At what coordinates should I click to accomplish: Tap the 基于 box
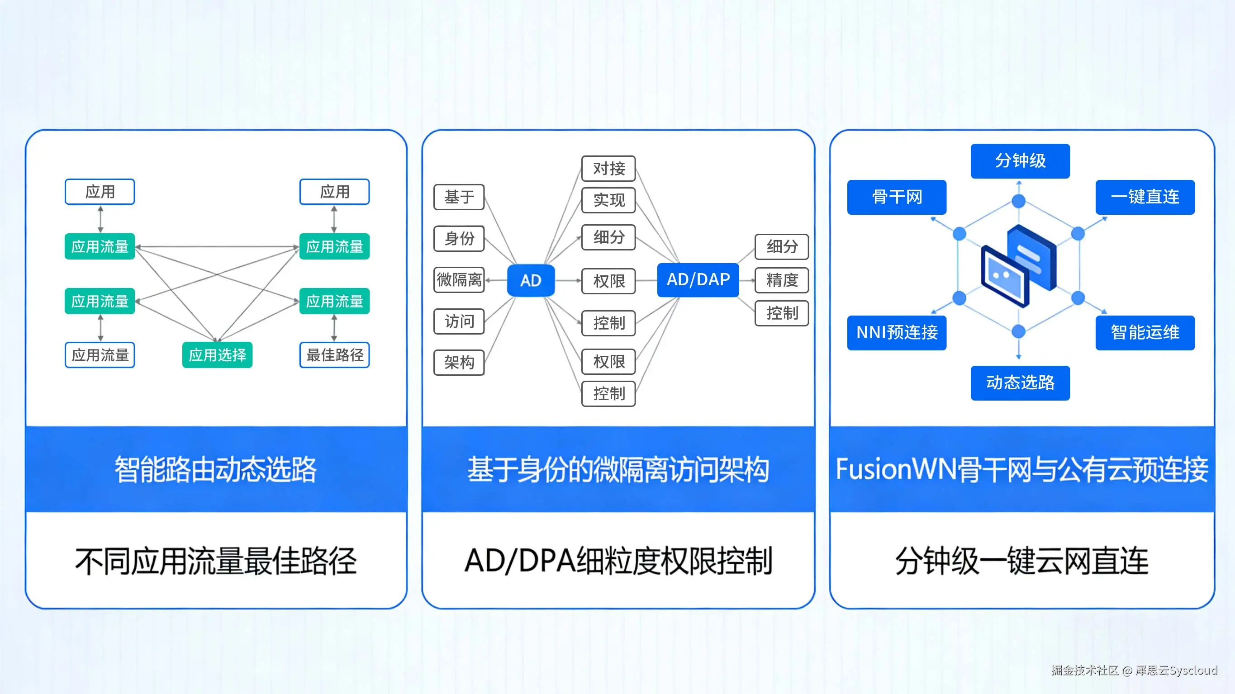pyautogui.click(x=459, y=197)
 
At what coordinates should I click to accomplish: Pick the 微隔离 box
pyautogui.click(x=459, y=279)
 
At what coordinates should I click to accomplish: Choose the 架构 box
pyautogui.click(x=459, y=362)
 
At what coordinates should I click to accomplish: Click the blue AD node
pyautogui.click(x=531, y=280)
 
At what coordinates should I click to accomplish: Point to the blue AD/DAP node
pyautogui.click(x=698, y=279)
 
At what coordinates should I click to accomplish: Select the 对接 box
pyautogui.click(x=608, y=168)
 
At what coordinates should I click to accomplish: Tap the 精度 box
pyautogui.click(x=782, y=280)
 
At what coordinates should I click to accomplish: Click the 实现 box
pyautogui.click(x=608, y=200)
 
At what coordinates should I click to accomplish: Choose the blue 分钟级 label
pyautogui.click(x=1020, y=161)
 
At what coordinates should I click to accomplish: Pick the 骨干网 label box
pyautogui.click(x=897, y=197)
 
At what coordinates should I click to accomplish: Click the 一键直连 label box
pyautogui.click(x=1145, y=197)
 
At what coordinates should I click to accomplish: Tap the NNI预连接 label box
pyautogui.click(x=897, y=333)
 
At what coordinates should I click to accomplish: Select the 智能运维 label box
pyautogui.click(x=1145, y=333)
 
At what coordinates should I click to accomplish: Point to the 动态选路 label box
pyautogui.click(x=1020, y=383)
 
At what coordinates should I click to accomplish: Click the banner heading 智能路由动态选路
pyautogui.click(x=216, y=469)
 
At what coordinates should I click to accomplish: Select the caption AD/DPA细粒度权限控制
pyautogui.click(x=618, y=561)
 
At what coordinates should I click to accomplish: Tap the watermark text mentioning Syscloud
pyautogui.click(x=1134, y=670)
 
